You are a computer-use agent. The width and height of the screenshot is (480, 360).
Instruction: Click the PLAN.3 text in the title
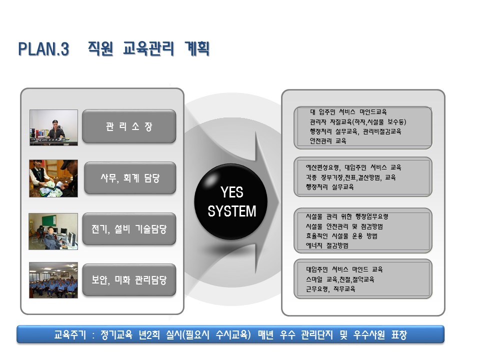(x=44, y=49)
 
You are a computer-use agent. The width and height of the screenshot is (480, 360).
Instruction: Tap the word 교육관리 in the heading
(x=148, y=48)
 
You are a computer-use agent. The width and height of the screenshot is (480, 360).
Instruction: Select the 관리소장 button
(x=129, y=126)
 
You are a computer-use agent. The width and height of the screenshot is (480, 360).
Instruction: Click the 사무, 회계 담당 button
(x=130, y=178)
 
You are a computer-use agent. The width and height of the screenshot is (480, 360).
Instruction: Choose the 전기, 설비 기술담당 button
(x=129, y=229)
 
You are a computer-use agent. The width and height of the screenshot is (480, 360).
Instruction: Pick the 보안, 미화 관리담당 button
(x=129, y=280)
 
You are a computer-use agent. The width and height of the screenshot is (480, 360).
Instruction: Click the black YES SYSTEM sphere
(x=231, y=201)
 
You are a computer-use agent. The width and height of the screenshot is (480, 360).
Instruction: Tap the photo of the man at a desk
(x=53, y=127)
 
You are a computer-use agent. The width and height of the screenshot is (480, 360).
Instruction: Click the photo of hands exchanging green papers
(x=53, y=178)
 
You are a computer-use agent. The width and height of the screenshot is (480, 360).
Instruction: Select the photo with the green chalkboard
(x=53, y=231)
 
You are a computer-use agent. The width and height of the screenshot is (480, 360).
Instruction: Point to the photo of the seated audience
(x=53, y=280)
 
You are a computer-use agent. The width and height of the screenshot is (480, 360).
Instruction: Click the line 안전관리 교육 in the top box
(x=328, y=141)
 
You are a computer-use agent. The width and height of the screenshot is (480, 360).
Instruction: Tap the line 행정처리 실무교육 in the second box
(x=329, y=186)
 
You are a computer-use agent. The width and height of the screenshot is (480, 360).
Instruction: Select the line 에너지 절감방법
(x=327, y=245)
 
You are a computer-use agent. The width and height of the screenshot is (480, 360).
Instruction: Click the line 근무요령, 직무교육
(x=330, y=288)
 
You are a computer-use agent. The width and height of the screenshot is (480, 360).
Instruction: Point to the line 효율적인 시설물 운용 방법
(x=341, y=236)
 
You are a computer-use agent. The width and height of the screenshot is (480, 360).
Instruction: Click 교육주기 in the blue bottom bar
(x=70, y=334)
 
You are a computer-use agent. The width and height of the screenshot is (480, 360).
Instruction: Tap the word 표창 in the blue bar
(x=399, y=334)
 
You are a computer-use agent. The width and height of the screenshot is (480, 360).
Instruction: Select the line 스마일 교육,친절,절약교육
(x=340, y=279)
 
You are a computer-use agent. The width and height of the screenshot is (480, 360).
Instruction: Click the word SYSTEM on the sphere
(x=231, y=211)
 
